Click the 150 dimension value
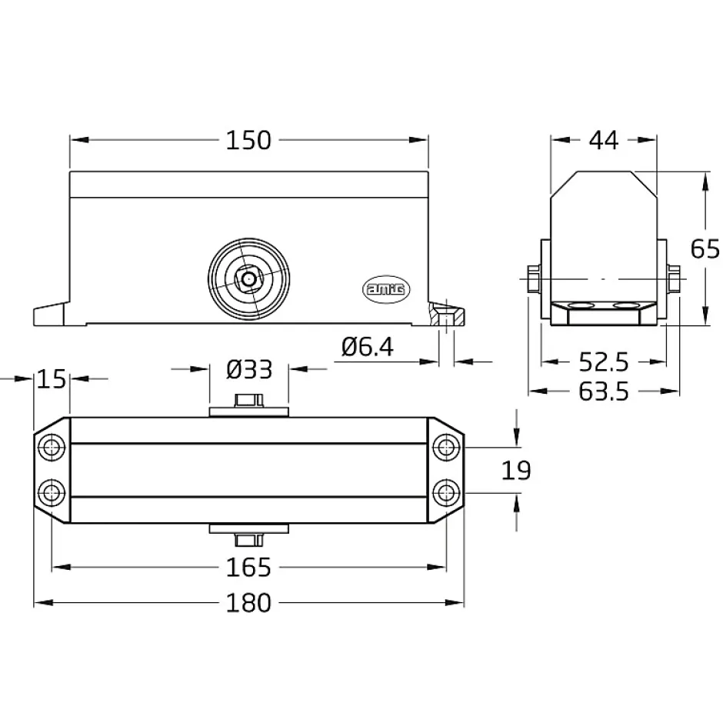[248, 140]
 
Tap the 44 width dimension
[603, 140]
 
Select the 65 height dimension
[705, 249]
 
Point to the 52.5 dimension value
[604, 362]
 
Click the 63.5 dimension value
[604, 392]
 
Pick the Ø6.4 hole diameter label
[368, 347]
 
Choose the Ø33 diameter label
[249, 369]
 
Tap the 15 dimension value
[52, 379]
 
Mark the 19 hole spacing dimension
[516, 470]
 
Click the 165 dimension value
[248, 567]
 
